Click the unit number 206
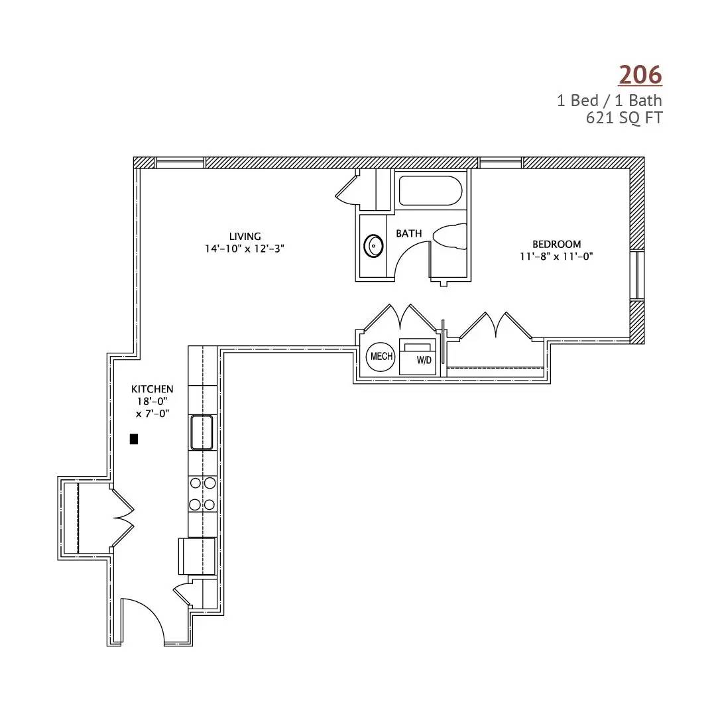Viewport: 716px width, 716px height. (x=640, y=75)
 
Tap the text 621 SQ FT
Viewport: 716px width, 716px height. (x=624, y=118)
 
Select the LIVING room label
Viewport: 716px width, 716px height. (x=245, y=236)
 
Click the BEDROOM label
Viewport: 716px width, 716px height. (x=557, y=244)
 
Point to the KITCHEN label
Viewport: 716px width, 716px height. (x=152, y=389)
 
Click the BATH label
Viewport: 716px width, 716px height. (x=408, y=233)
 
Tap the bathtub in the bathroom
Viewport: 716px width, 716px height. (x=431, y=191)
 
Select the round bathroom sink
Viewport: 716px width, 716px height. (x=373, y=247)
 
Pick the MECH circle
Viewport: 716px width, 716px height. (x=381, y=357)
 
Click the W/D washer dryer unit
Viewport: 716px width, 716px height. (x=418, y=357)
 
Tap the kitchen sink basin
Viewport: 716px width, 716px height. (x=202, y=432)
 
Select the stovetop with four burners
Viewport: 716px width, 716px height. (x=203, y=494)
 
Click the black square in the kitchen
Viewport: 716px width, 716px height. (x=134, y=439)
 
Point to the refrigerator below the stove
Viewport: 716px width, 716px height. (x=197, y=556)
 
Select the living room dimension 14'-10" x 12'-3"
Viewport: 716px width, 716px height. (x=245, y=249)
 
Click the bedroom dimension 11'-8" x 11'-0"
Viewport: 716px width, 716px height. (x=557, y=256)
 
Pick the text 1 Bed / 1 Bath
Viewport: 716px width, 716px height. (x=610, y=101)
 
